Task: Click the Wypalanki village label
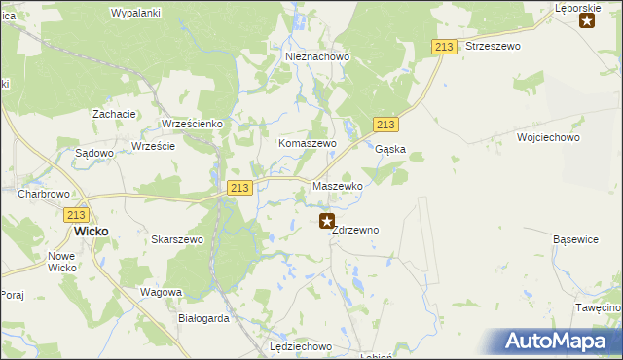pos(135,13)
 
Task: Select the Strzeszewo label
pos(494,46)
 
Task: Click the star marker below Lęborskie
pos(587,21)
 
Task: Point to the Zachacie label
pos(114,114)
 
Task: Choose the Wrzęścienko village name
pos(192,125)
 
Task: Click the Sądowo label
pos(94,153)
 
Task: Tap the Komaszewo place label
pos(308,143)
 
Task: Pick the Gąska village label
pos(390,150)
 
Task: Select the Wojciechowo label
pos(549,138)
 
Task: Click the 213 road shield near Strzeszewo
pos(445,48)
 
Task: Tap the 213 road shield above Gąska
pos(385,124)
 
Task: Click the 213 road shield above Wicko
pos(78,215)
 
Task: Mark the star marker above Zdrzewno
pos(327,222)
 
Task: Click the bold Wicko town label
pos(92,233)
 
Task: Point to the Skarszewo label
pos(177,239)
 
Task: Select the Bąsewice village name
pos(575,238)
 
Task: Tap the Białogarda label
pos(204,318)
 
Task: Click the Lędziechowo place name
pos(300,346)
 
